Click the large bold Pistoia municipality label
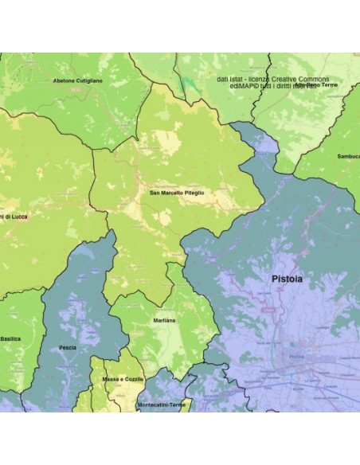(287, 279)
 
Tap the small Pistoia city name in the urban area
(297, 356)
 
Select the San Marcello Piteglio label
(176, 193)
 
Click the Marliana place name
(165, 320)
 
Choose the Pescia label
(68, 348)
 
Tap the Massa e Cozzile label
(123, 379)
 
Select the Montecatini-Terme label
(162, 404)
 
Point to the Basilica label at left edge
(10, 338)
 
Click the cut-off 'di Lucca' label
(14, 217)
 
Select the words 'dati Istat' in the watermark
(232, 80)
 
